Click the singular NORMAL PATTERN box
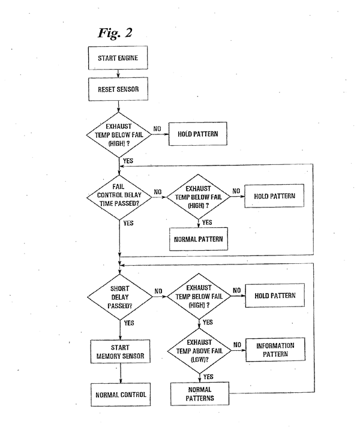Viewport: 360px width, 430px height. coord(198,239)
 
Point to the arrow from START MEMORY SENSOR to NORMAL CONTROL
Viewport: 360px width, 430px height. coord(120,374)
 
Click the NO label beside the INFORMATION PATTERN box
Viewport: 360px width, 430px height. coord(237,344)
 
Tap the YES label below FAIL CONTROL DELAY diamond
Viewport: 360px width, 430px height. coord(128,222)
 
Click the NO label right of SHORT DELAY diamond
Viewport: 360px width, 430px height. coord(158,291)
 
